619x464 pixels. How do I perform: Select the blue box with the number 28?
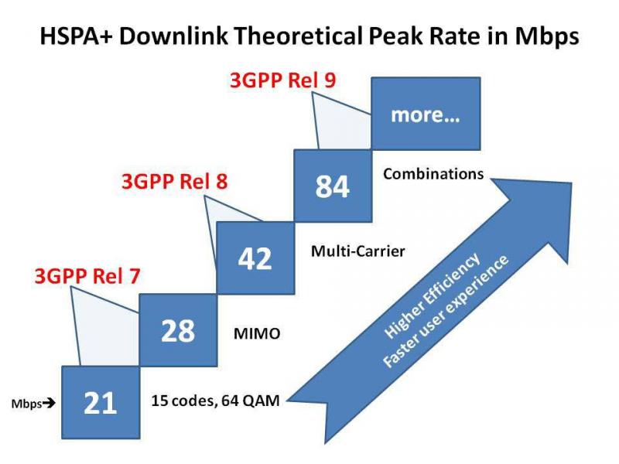tap(177, 330)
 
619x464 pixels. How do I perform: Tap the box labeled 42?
tap(255, 258)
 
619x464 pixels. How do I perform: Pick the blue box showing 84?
tap(332, 186)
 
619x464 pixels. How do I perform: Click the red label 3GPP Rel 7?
tap(87, 275)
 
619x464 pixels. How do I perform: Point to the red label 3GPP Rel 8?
tap(175, 183)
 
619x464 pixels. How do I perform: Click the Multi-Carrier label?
tap(358, 251)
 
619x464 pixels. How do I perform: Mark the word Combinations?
tap(433, 174)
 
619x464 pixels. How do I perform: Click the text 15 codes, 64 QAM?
tap(215, 401)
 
